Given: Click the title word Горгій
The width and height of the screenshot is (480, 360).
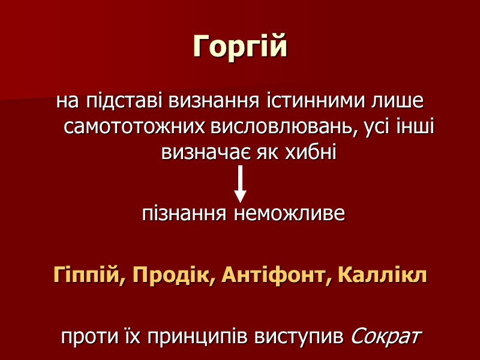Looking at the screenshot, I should (x=240, y=47).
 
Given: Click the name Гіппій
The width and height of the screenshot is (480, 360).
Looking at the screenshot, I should (x=89, y=275).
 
